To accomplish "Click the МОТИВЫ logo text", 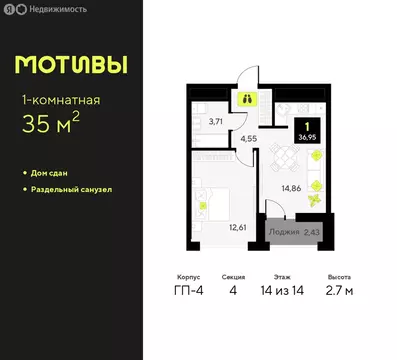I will (x=71, y=65).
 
